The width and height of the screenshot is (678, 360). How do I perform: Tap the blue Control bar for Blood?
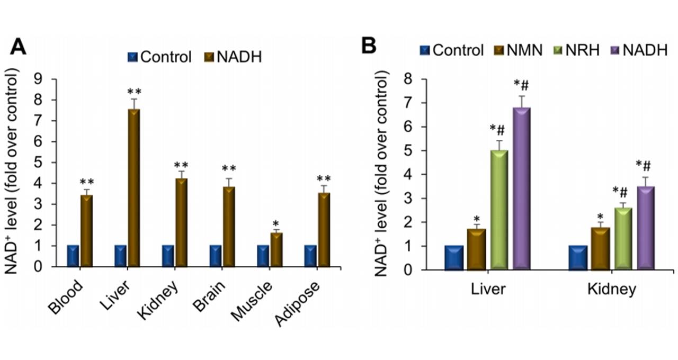pyautogui.click(x=73, y=256)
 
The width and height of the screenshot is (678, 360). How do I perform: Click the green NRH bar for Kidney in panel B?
pyautogui.click(x=623, y=239)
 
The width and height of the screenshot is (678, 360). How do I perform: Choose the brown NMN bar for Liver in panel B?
pyautogui.click(x=476, y=249)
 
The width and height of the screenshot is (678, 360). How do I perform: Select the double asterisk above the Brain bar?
pyautogui.click(x=228, y=169)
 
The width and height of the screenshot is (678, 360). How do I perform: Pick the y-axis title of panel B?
pyautogui.click(x=382, y=174)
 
